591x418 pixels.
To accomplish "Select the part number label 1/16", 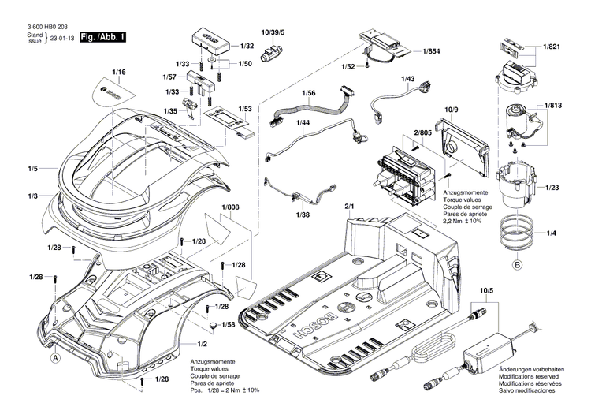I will click(119, 73).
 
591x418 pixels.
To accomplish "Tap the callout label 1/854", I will click(431, 51).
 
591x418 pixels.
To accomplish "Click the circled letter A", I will click(55, 357).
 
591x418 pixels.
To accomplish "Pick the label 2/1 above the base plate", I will click(350, 207).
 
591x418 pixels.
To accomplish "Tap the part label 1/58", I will click(228, 325).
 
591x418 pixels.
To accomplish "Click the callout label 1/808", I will click(230, 208).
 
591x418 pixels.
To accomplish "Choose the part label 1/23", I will click(552, 187).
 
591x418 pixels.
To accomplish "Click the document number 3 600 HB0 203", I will click(49, 26).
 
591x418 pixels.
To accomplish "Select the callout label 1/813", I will click(552, 105).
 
